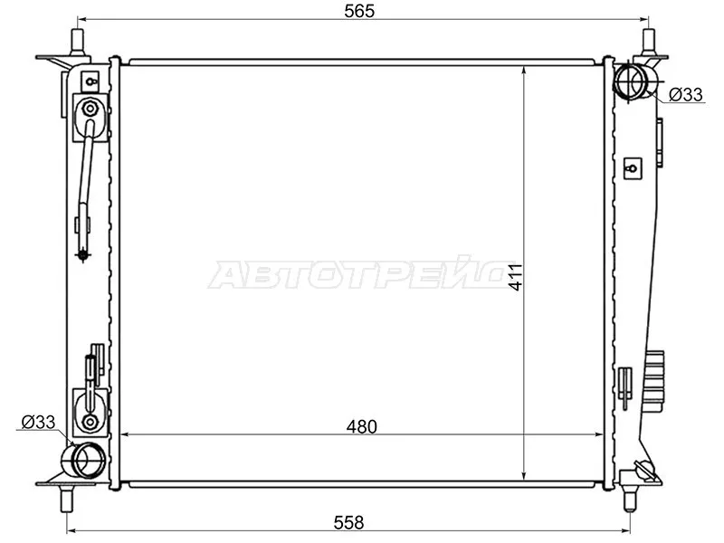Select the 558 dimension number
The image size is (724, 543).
click(348, 521)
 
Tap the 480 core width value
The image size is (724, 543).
click(360, 425)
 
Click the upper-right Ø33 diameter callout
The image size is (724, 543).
click(686, 94)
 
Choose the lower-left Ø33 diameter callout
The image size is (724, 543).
click(38, 422)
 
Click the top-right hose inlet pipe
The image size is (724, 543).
click(631, 82)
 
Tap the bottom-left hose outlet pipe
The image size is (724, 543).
click(88, 461)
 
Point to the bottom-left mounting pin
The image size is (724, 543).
click(70, 499)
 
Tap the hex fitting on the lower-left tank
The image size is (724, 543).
click(90, 422)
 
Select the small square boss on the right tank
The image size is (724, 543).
click(633, 167)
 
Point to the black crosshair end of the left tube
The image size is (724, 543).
click(84, 256)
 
